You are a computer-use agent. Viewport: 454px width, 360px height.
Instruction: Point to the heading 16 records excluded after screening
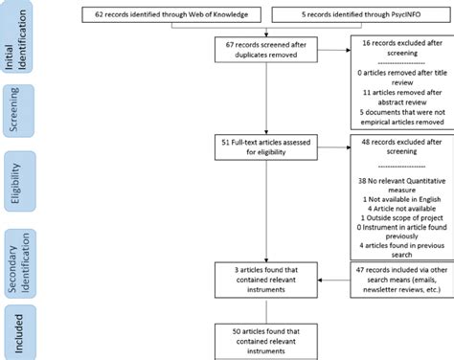tap(396, 50)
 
